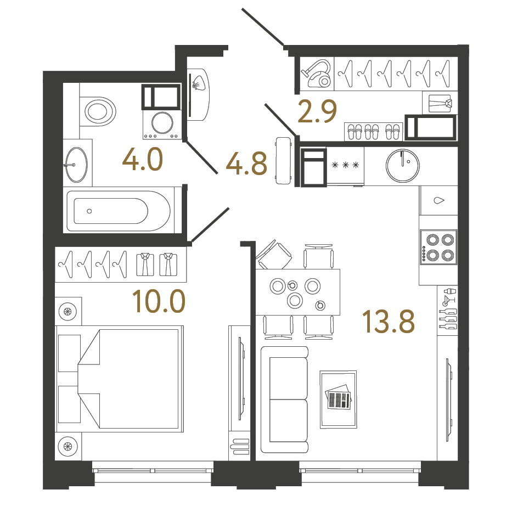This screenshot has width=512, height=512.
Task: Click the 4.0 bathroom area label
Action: pos(143,160)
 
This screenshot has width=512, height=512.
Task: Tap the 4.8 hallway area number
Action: pos(246,164)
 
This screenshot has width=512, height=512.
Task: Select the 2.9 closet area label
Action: pos(317,111)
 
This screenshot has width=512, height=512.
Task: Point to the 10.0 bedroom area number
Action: pos(159,302)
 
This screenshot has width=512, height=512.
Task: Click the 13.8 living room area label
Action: pos(389,322)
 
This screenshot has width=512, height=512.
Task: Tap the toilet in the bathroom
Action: pos(98,111)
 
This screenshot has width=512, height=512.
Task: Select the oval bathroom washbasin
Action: pos(76,164)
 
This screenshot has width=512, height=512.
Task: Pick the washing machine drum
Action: pos(162,123)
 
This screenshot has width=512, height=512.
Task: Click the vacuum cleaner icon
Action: pos(317,73)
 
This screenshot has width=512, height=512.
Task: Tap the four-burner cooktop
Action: pos(438,247)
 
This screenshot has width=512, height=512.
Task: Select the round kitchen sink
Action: pos(402,166)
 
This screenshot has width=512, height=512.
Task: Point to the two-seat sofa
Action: pos(285,400)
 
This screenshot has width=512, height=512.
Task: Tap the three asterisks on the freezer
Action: pos(345,165)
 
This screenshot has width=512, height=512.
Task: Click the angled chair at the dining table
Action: pos(274,255)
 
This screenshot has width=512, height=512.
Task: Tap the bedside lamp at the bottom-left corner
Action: pos(68,446)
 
